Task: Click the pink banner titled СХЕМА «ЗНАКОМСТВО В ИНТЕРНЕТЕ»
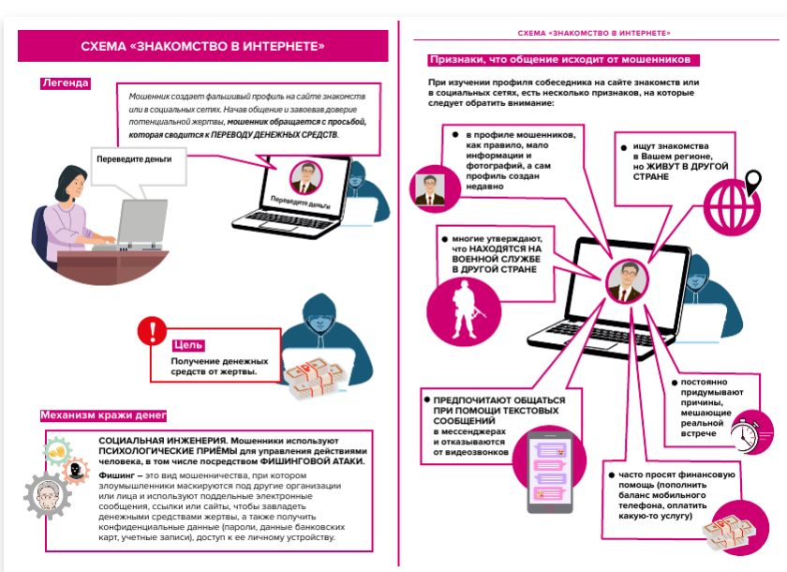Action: point(203,45)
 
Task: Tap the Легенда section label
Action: point(65,83)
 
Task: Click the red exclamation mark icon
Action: point(150,331)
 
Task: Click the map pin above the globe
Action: point(752,178)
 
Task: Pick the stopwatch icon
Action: point(750,431)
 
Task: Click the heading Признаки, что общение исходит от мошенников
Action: point(563,59)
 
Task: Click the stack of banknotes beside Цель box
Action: point(315,375)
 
